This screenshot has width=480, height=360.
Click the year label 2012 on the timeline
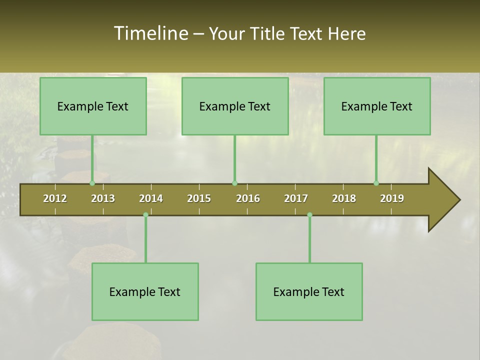tap(55, 198)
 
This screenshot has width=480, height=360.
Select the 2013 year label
tap(103, 198)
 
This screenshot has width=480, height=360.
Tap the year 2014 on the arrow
tap(151, 198)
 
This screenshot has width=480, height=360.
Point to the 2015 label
tap(199, 198)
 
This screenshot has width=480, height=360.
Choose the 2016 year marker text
tap(248, 198)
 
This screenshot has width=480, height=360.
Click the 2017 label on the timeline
tap(296, 198)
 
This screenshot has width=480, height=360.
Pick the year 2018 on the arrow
tap(344, 198)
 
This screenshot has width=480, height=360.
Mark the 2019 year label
tap(392, 198)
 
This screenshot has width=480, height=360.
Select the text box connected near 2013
tap(93, 106)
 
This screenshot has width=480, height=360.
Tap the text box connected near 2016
tap(235, 106)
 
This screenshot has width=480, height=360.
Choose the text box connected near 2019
tap(377, 106)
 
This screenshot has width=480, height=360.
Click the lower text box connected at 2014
tap(145, 291)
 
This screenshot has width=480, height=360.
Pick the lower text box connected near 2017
tap(309, 291)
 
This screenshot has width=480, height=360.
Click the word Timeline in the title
tap(150, 33)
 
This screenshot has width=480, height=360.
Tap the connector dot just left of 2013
tap(92, 183)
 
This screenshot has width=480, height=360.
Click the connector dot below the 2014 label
tap(145, 215)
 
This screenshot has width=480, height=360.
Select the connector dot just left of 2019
tap(376, 183)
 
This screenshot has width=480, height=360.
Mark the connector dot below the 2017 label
tap(309, 215)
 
